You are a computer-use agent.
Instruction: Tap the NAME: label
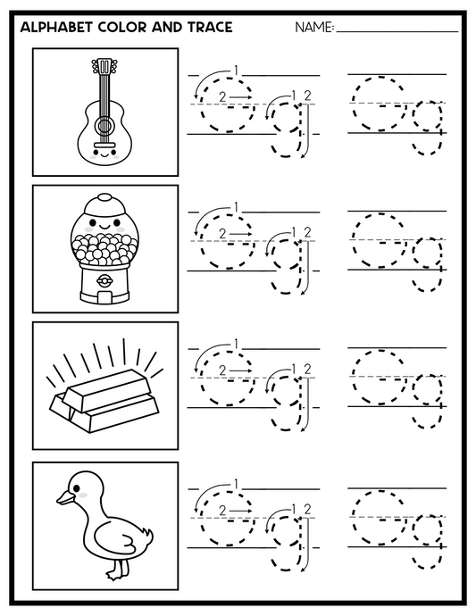pyautogui.click(x=313, y=29)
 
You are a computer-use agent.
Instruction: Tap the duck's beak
pyautogui.click(x=64, y=496)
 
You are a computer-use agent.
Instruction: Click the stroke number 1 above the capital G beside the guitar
pyautogui.click(x=236, y=70)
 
